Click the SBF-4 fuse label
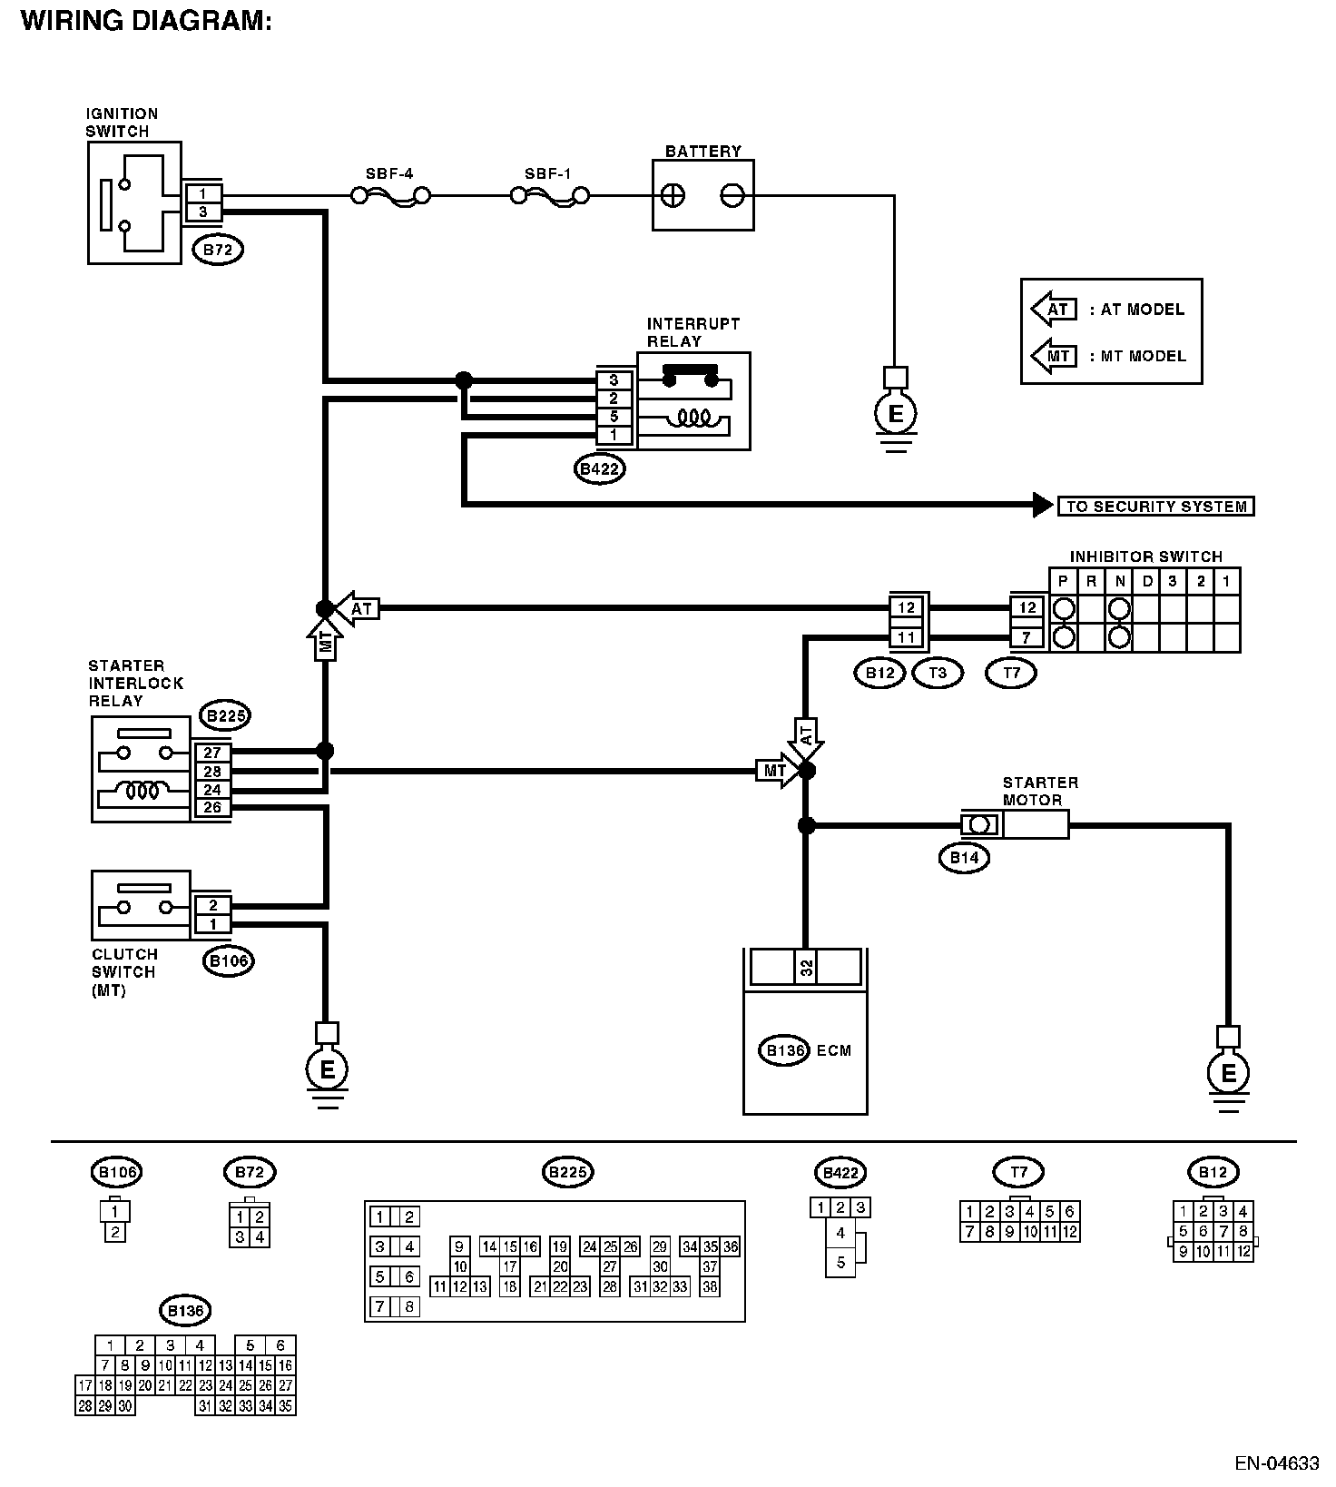[x=389, y=172]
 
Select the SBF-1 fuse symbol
[x=549, y=195]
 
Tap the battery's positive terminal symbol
[x=673, y=195]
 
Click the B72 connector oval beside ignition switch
[x=218, y=250]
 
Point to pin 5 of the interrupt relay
[x=614, y=417]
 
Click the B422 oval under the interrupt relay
[x=600, y=469]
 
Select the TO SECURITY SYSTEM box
[x=1155, y=506]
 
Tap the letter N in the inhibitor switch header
[x=1120, y=581]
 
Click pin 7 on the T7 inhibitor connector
[x=1027, y=637]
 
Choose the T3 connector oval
[x=938, y=673]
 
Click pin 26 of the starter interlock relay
[x=212, y=808]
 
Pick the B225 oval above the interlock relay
[x=225, y=716]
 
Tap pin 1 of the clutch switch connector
[x=212, y=924]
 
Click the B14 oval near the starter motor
[x=964, y=857]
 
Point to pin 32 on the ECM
[x=806, y=968]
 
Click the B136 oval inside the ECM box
[x=782, y=1050]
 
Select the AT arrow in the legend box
[x=1055, y=309]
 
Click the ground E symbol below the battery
[x=895, y=415]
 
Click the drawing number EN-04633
[x=1276, y=1462]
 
